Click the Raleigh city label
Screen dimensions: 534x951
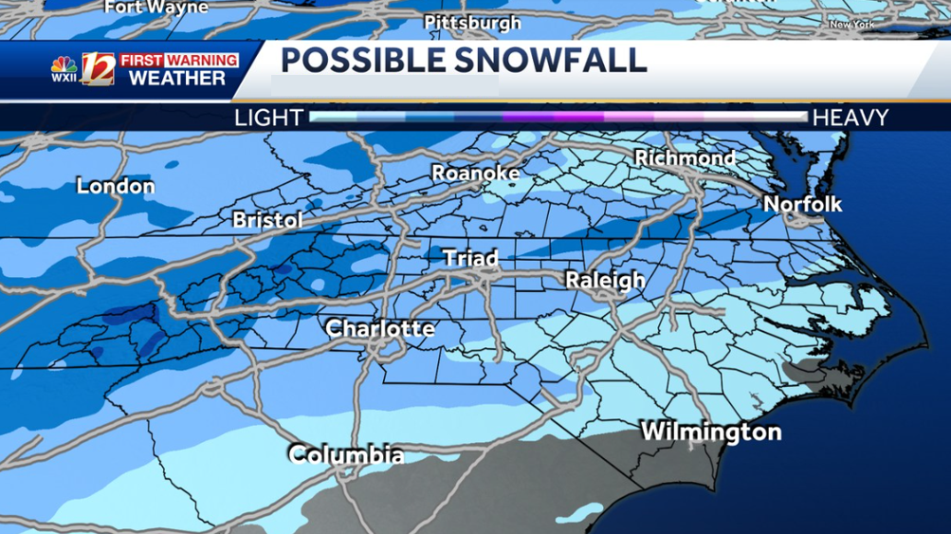point(605,280)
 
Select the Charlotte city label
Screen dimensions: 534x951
point(379,329)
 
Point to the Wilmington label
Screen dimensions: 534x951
point(711,433)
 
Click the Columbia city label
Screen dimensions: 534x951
point(346,455)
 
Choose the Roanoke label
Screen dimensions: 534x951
point(475,173)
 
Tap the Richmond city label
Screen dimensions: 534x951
point(685,157)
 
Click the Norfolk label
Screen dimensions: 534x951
point(802,204)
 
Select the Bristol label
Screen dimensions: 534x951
point(267,220)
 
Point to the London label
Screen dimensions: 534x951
point(115,186)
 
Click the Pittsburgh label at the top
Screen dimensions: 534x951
point(472,22)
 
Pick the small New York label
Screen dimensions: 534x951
point(851,25)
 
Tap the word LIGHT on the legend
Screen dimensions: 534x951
point(268,118)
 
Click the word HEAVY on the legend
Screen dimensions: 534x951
point(850,118)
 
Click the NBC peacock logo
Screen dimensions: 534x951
point(64,67)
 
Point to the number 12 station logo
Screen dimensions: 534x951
point(98,69)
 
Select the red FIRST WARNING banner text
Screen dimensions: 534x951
point(178,60)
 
